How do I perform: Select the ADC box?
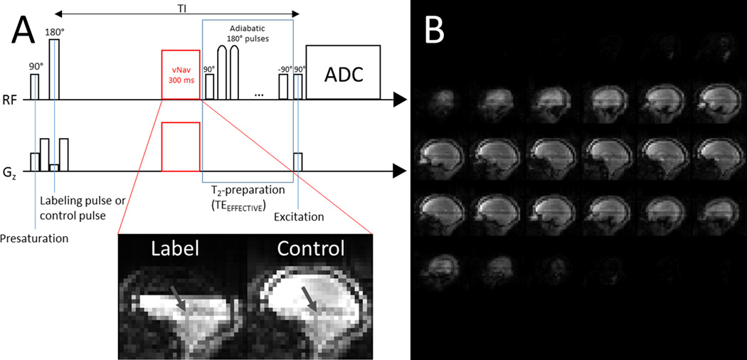(x=344, y=73)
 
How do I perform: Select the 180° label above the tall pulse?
(x=53, y=32)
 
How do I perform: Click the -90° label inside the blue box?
(x=285, y=68)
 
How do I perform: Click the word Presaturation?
(x=34, y=238)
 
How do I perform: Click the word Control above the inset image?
(x=312, y=248)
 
